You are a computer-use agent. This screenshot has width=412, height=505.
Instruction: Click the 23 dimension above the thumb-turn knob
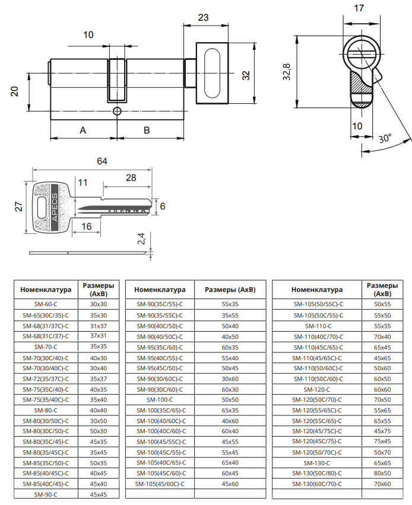pyautogui.click(x=203, y=17)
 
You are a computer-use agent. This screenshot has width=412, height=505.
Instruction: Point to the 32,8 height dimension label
pyautogui.click(x=287, y=71)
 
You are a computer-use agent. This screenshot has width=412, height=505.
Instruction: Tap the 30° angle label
pyautogui.click(x=385, y=138)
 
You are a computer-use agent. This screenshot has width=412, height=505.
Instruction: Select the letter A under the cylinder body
pyautogui.click(x=83, y=130)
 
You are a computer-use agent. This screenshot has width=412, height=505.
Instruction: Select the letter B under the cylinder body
pyautogui.click(x=147, y=130)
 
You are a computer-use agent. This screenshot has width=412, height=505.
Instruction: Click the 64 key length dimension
pyautogui.click(x=102, y=161)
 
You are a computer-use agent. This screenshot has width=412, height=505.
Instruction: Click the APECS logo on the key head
pyautogui.click(x=55, y=207)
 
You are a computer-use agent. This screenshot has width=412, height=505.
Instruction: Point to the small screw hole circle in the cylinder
pyautogui.click(x=117, y=111)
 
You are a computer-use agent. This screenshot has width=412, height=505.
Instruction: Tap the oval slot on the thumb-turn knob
pyautogui.click(x=212, y=73)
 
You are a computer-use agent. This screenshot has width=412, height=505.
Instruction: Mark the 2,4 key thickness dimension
pyautogui.click(x=141, y=239)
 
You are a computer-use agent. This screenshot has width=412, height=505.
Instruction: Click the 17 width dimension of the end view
pyautogui.click(x=359, y=8)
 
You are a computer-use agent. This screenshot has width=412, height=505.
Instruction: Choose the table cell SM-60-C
pyautogui.click(x=46, y=304)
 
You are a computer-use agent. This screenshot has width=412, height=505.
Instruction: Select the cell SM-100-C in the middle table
pyautogui.click(x=160, y=400)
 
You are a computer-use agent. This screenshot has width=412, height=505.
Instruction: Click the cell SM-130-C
pyautogui.click(x=317, y=463)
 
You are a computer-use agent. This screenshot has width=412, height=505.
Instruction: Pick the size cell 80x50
pyautogui.click(x=382, y=474)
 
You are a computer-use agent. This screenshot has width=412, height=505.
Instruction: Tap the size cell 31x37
pyautogui.click(x=98, y=326)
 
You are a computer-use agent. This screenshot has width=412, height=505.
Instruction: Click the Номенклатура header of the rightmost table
pyautogui.click(x=317, y=290)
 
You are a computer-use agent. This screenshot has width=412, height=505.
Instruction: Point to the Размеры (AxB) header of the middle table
pyautogui.click(x=230, y=290)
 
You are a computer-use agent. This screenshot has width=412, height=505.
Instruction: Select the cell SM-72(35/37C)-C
pyautogui.click(x=46, y=379)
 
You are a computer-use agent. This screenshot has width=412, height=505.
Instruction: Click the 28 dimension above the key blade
pyautogui.click(x=131, y=178)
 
